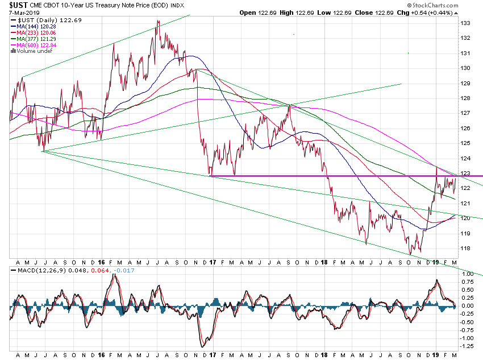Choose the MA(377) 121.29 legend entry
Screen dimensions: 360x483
pyautogui.click(x=35, y=39)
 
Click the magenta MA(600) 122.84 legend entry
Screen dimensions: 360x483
pyautogui.click(x=35, y=45)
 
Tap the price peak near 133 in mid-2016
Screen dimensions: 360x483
pyautogui.click(x=157, y=21)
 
